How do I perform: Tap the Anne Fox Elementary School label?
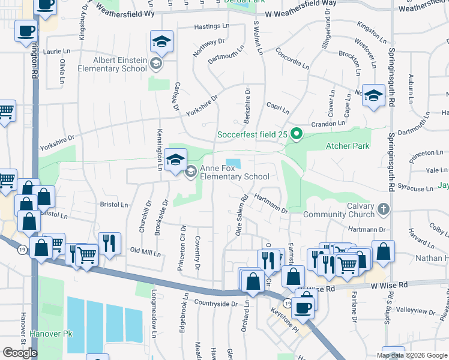234,172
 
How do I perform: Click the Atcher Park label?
348,146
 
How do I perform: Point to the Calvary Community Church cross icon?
384,209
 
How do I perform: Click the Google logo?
20,352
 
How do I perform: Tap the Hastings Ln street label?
212,27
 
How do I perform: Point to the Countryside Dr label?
215,304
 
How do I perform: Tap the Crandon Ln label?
328,124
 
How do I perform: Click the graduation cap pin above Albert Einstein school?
161,42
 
